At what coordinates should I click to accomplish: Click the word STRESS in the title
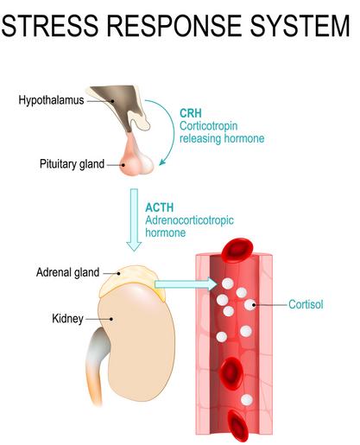(x=50, y=26)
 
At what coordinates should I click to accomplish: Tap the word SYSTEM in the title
(x=300, y=26)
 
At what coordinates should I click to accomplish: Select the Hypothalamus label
(x=51, y=100)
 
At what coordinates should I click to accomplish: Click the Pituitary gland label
(x=72, y=164)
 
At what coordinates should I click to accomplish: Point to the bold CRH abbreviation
(x=191, y=113)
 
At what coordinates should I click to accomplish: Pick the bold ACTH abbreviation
(x=160, y=207)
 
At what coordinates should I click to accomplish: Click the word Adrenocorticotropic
(x=189, y=220)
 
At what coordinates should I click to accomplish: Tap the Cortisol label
(x=306, y=304)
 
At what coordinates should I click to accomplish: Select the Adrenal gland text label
(x=68, y=272)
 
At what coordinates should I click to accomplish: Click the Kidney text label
(x=67, y=319)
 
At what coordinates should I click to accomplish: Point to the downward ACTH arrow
(x=134, y=219)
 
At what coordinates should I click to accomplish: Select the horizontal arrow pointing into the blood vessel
(x=186, y=284)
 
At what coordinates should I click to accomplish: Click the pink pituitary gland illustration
(x=136, y=157)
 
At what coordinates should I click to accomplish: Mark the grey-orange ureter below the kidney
(x=97, y=363)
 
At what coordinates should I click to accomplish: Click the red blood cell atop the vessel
(x=237, y=250)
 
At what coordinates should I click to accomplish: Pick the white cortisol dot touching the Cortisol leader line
(x=249, y=304)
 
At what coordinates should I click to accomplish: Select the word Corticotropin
(x=209, y=126)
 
